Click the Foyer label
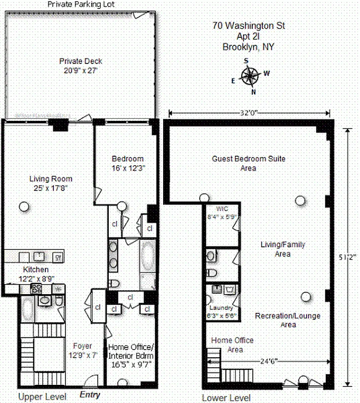83,346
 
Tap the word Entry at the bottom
90,395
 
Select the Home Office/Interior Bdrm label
130,356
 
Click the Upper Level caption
42,397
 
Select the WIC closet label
222,209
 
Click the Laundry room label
222,308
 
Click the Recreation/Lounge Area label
288,320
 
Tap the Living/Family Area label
283,249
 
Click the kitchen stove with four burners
37,289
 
